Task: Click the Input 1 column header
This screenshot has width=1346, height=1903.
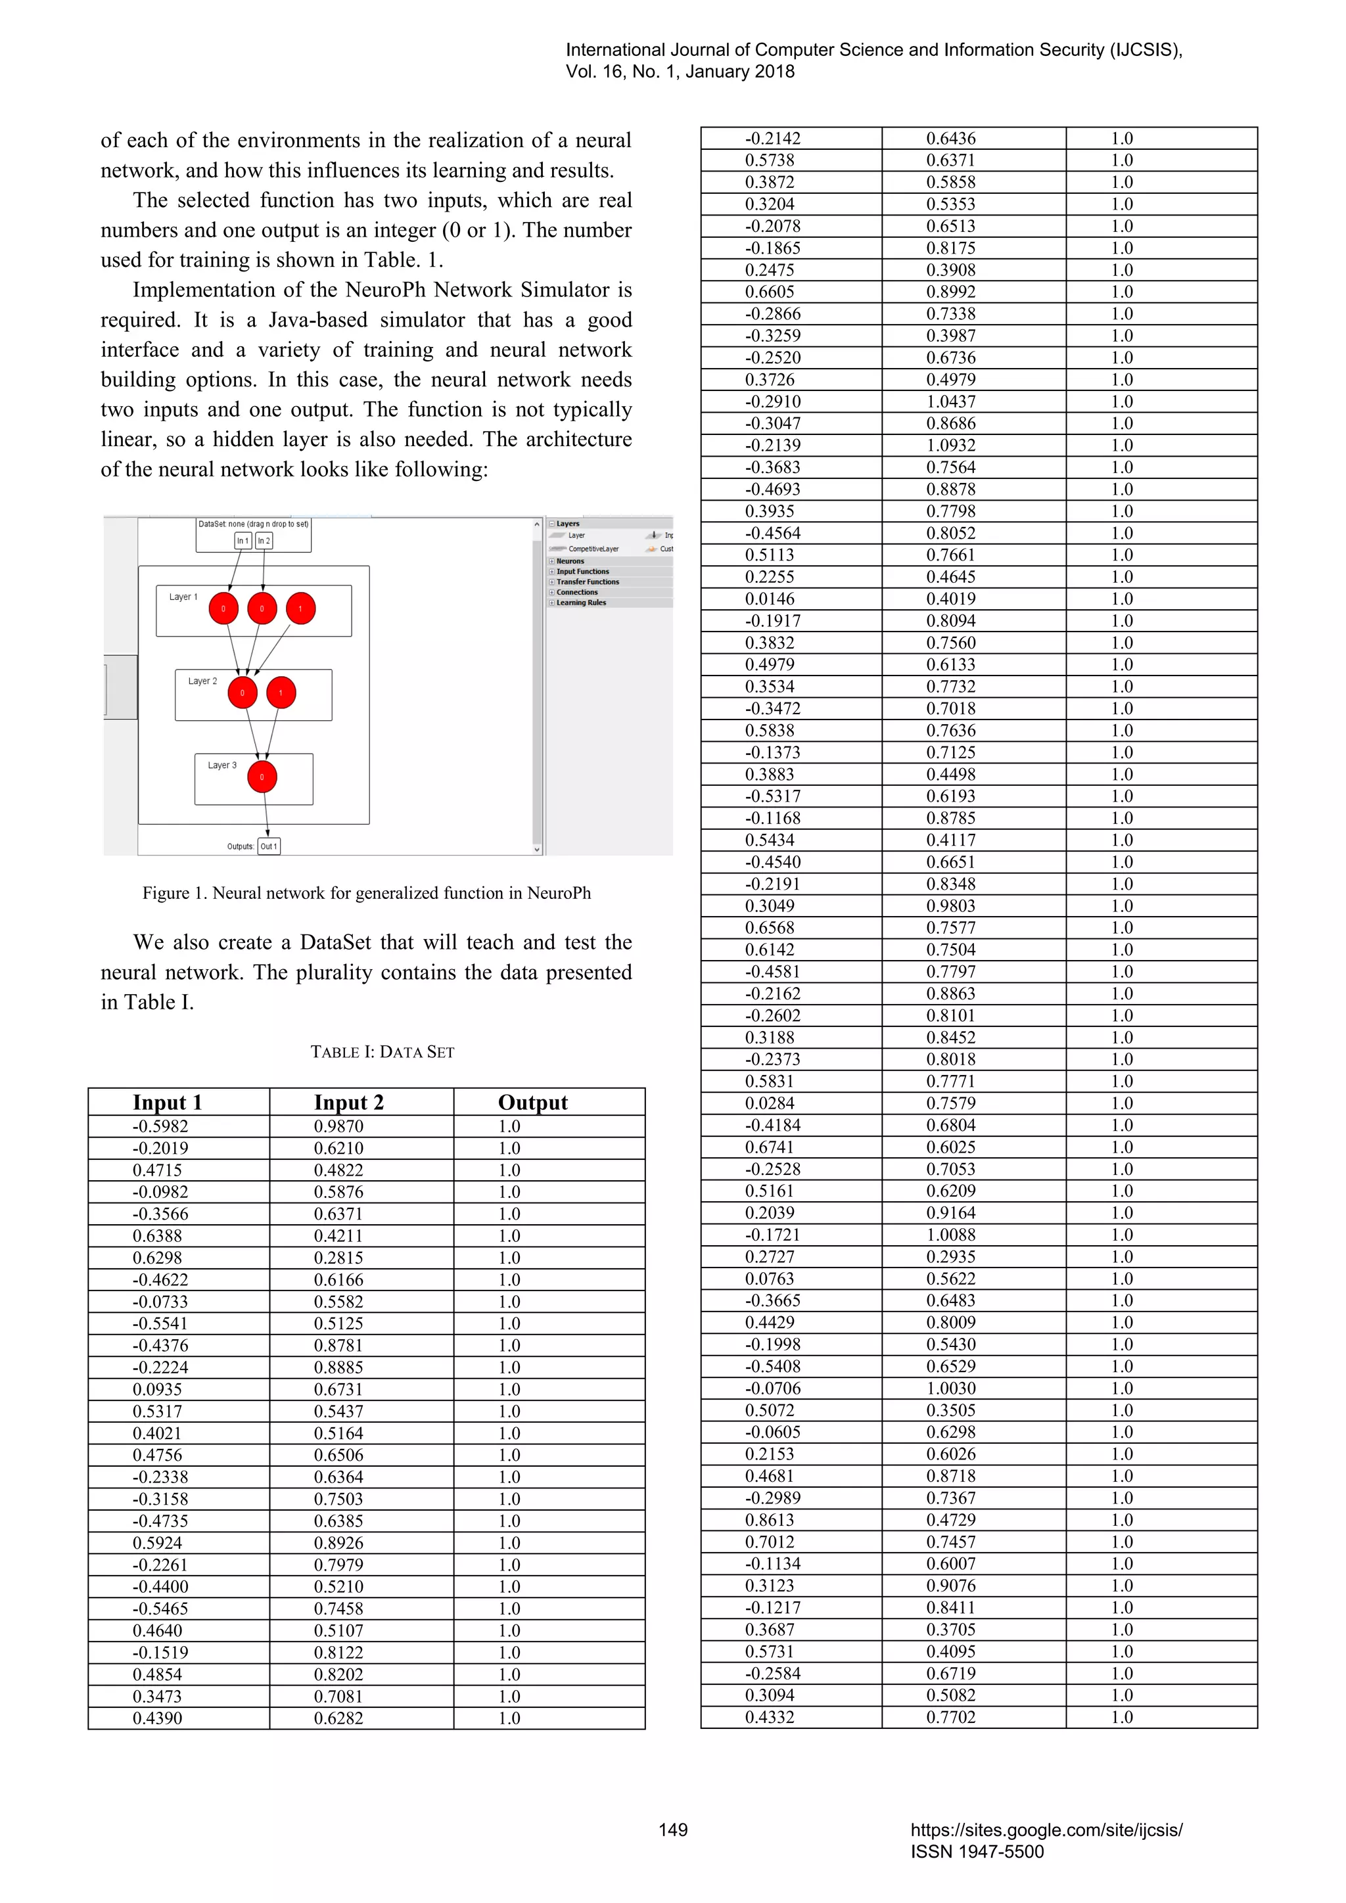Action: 168,1103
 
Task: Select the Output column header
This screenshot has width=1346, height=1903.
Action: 532,1103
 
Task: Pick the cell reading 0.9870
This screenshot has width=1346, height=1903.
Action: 338,1126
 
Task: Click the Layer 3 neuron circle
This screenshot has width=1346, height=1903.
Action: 262,777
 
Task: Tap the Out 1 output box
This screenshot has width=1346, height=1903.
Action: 269,846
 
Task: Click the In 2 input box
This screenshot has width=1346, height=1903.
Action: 264,540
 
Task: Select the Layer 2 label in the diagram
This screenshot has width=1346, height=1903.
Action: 202,681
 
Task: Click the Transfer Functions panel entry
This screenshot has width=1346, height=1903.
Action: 587,582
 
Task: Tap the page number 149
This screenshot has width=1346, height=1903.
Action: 673,1830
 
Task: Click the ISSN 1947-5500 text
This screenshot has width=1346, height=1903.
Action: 977,1852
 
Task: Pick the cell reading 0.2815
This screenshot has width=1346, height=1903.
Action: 338,1257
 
